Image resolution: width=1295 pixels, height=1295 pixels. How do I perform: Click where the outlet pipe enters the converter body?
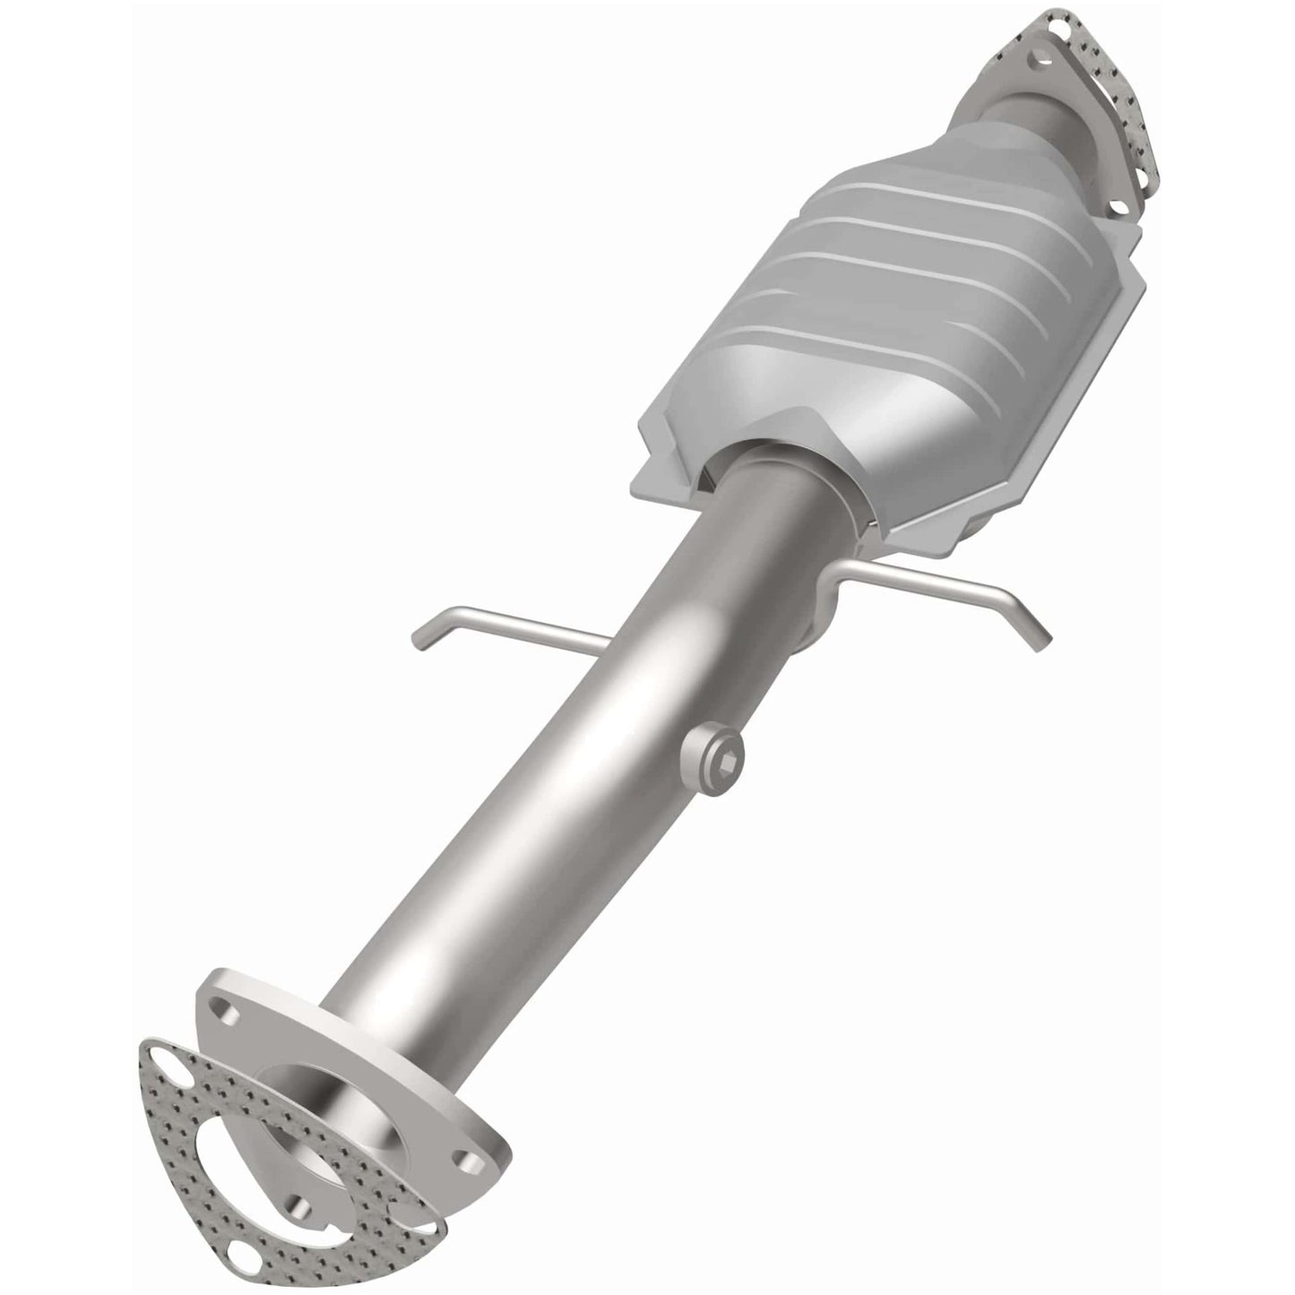[771, 466]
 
